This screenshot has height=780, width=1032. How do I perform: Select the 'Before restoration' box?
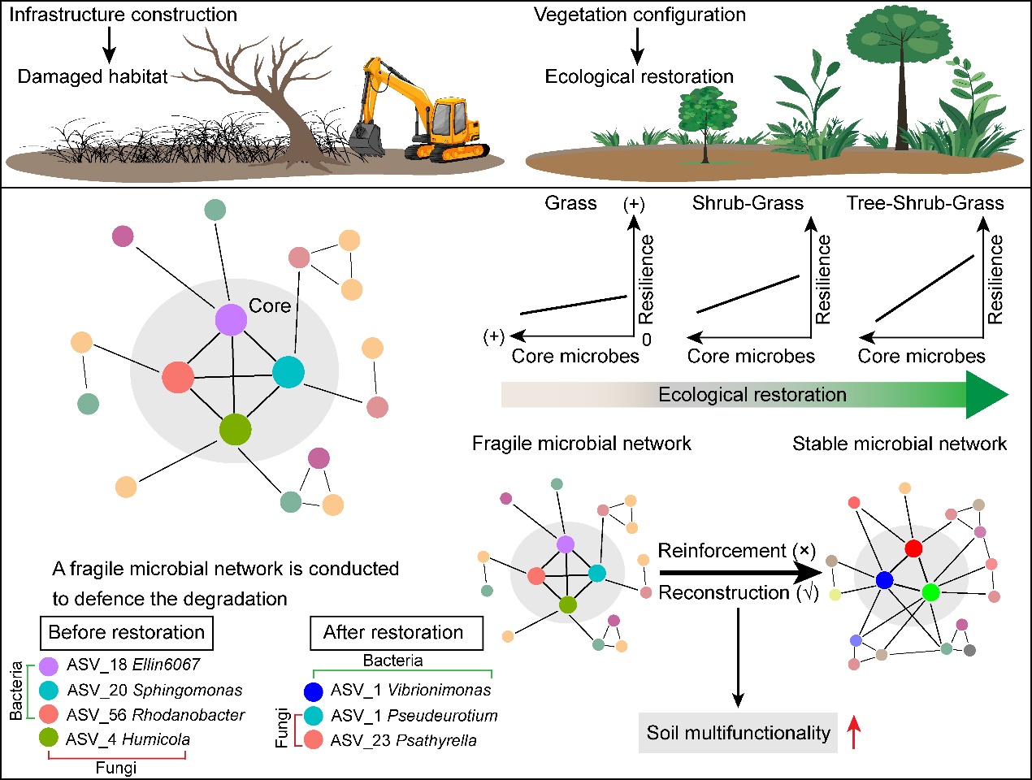[127, 632]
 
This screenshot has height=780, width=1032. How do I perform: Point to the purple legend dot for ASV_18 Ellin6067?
[49, 665]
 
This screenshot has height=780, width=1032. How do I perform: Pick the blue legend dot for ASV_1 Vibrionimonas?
[314, 691]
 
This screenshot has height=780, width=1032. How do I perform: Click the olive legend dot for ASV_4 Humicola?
[49, 739]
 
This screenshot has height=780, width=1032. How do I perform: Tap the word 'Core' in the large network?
[270, 305]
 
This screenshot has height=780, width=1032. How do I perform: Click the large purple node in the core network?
[231, 319]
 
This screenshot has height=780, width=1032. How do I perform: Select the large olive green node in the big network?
[235, 429]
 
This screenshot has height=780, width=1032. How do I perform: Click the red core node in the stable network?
[913, 548]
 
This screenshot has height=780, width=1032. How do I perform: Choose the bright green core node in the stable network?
[931, 591]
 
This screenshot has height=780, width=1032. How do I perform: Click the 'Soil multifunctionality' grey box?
[738, 733]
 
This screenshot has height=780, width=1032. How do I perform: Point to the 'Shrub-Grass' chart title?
[748, 203]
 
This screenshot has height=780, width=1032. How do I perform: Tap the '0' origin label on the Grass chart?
[647, 340]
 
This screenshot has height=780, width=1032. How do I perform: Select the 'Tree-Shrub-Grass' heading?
[926, 203]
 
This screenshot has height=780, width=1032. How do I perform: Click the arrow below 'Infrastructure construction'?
[110, 45]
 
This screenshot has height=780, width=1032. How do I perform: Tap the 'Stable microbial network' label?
[900, 444]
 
